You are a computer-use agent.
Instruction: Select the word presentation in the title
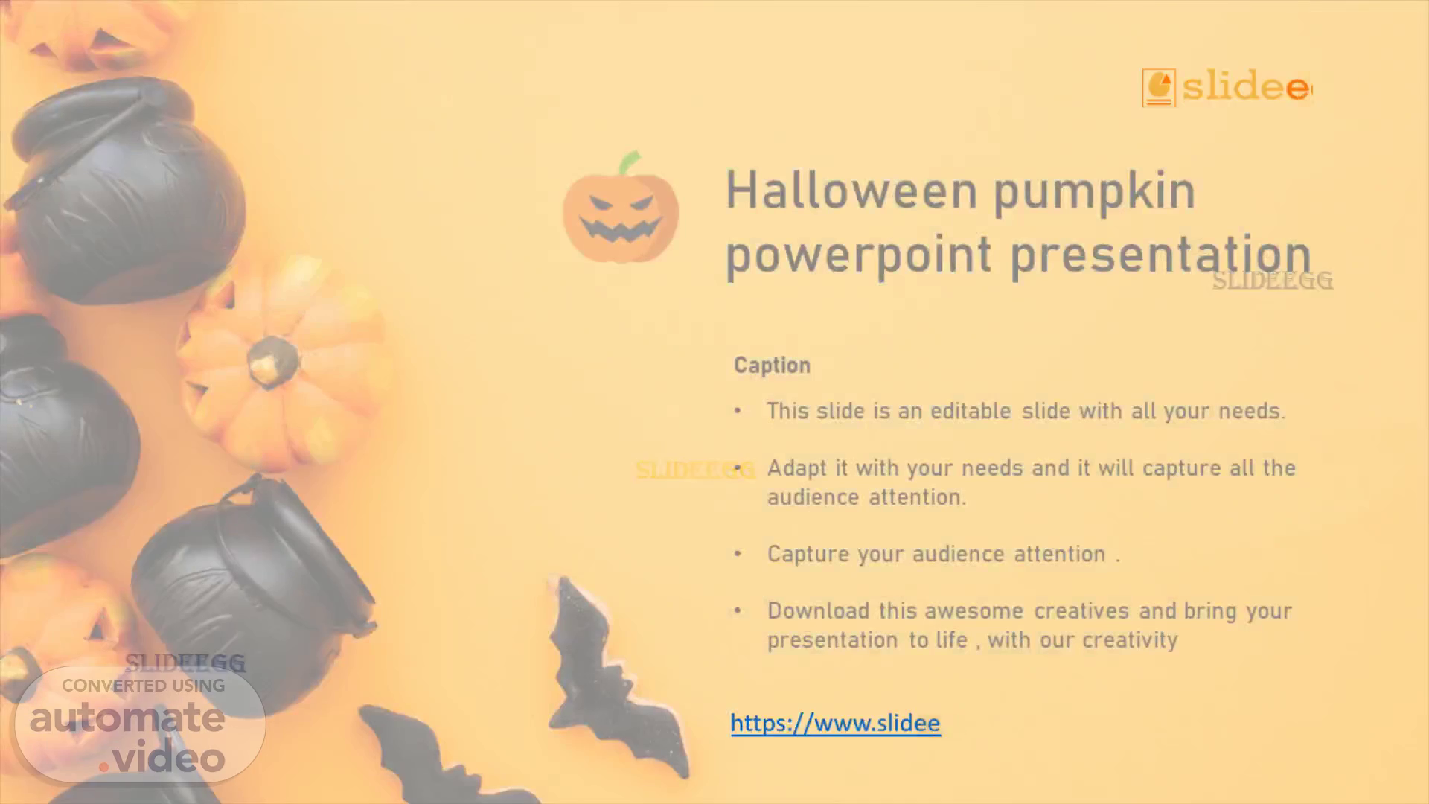(x=1160, y=255)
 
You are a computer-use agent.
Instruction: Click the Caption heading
(x=772, y=366)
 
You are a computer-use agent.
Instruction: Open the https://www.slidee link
(x=835, y=723)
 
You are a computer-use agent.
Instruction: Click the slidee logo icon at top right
(x=1159, y=88)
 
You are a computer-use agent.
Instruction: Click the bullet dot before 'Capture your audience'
(x=738, y=554)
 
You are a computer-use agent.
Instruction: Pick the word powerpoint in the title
(x=859, y=255)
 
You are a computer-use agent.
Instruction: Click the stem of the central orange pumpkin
(x=272, y=361)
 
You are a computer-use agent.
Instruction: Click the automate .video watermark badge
(x=140, y=724)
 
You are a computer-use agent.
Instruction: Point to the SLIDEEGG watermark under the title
(x=1272, y=281)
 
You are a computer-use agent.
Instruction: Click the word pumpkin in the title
(x=1094, y=191)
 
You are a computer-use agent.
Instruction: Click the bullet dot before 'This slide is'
(x=738, y=411)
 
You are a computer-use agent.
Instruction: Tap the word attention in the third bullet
(x=1060, y=554)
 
